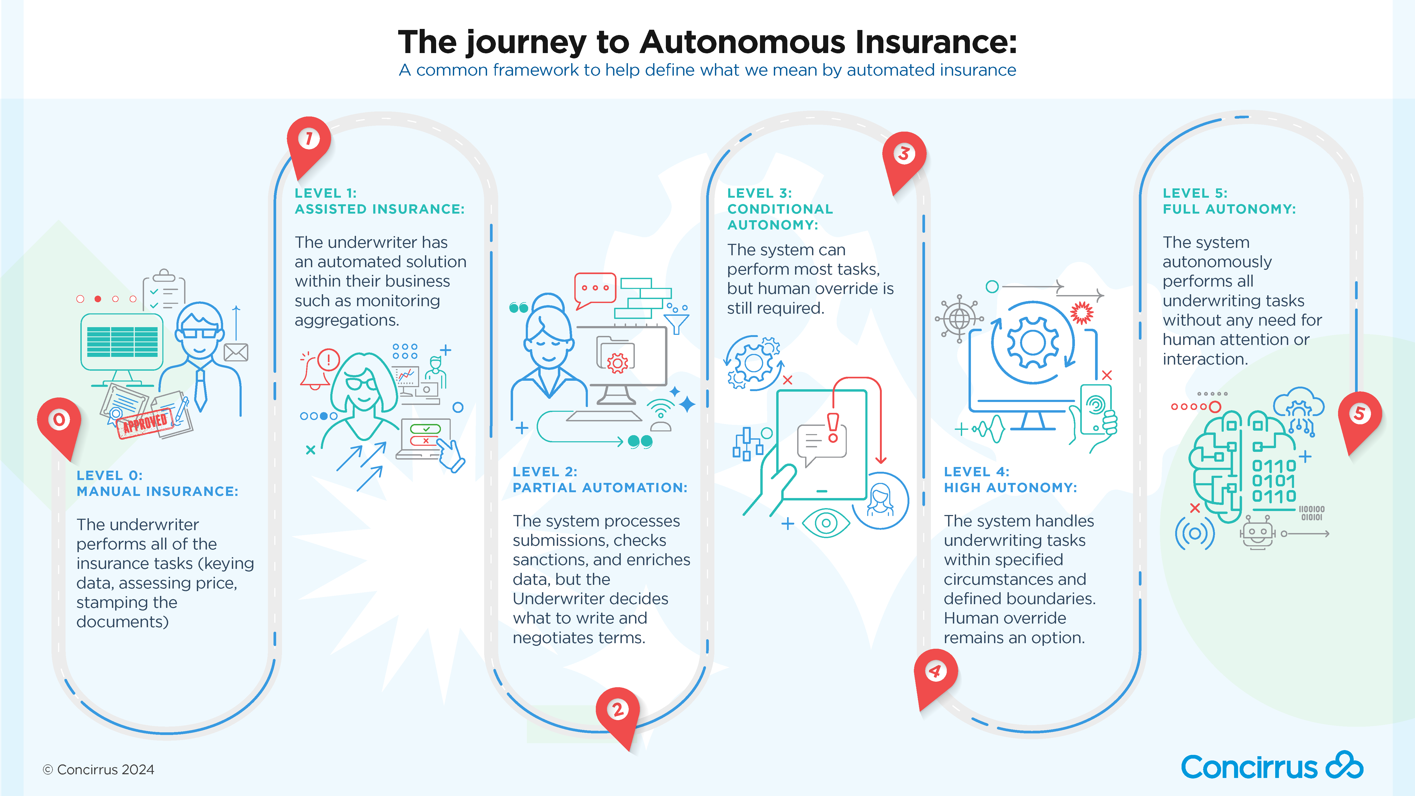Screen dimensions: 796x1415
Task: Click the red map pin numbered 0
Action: tap(59, 422)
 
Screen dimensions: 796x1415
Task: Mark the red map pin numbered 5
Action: tap(1359, 414)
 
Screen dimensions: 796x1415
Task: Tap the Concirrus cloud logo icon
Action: tap(1344, 765)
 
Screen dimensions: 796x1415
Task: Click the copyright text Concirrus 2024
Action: tap(99, 770)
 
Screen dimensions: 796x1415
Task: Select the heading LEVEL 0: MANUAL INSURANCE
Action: tap(157, 483)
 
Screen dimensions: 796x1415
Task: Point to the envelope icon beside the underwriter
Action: tap(236, 352)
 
